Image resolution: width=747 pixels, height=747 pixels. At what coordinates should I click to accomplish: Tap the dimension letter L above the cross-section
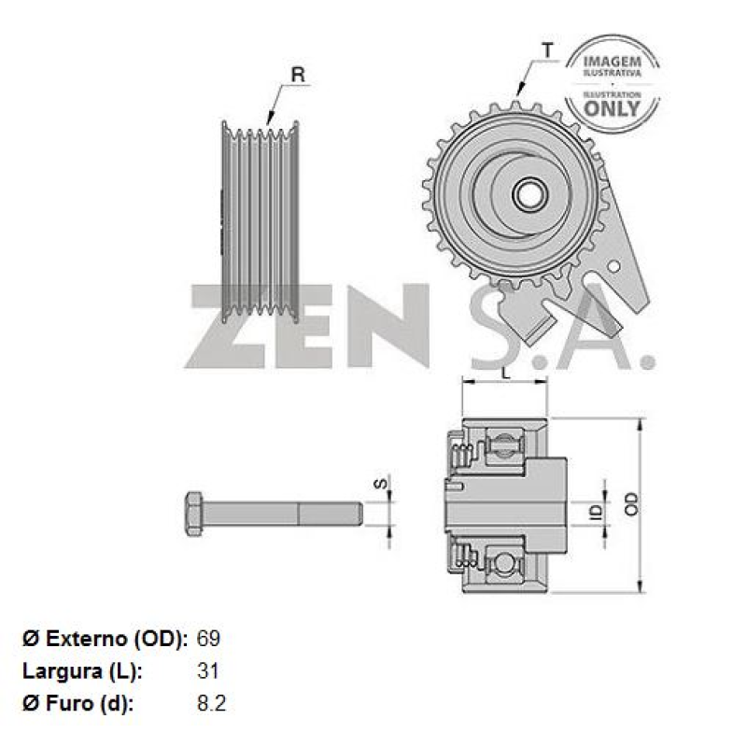click(504, 373)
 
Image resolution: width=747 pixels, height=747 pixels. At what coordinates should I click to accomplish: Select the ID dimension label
click(592, 512)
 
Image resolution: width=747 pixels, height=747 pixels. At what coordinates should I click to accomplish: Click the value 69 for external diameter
click(208, 640)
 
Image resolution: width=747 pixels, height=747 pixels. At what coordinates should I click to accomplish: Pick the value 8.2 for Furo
click(212, 702)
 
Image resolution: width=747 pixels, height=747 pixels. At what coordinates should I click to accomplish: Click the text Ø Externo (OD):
click(106, 640)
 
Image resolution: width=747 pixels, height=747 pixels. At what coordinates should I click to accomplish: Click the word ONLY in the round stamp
click(613, 107)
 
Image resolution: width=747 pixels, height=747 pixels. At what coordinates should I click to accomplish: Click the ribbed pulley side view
click(260, 221)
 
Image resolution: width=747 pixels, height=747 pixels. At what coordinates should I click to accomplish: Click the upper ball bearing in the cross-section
click(505, 444)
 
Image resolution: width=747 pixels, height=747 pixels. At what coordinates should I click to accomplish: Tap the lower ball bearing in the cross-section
click(505, 563)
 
